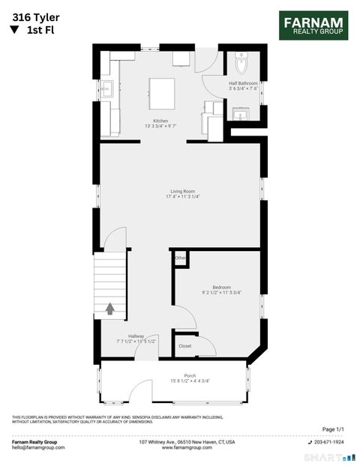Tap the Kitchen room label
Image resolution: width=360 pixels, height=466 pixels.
(x=160, y=123)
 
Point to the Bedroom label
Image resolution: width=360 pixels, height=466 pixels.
(x=221, y=288)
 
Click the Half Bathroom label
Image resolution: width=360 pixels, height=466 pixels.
(x=243, y=85)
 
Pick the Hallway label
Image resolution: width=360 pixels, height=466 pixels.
(x=136, y=338)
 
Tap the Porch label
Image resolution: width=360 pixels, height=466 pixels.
(x=190, y=377)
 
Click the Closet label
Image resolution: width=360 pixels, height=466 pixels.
(x=184, y=346)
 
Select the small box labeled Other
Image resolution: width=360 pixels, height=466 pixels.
(x=180, y=258)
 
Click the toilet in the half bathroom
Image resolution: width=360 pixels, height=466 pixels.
(x=241, y=61)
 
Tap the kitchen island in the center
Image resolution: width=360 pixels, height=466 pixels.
(x=161, y=93)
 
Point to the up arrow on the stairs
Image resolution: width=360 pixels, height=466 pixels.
(x=110, y=308)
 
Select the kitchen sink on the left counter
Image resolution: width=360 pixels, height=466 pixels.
(x=107, y=88)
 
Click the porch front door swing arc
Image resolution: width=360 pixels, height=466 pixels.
(x=140, y=390)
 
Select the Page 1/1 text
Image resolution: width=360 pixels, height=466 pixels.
(x=332, y=429)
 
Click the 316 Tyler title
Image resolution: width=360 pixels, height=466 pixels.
(x=35, y=15)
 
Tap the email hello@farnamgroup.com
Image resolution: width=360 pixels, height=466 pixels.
(x=38, y=447)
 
